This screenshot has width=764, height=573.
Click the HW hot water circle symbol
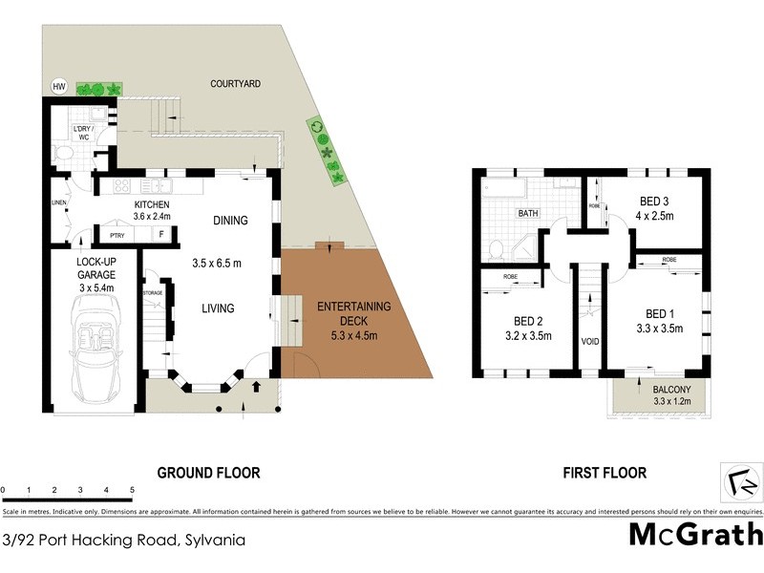[59, 88]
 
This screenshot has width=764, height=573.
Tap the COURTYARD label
[235, 84]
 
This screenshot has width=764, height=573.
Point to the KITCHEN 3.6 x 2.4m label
[151, 211]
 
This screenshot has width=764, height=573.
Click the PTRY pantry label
[118, 234]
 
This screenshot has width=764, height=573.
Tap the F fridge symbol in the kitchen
[161, 234]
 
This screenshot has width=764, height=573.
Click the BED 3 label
[654, 202]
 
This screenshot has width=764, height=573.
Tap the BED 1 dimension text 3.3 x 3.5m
[658, 329]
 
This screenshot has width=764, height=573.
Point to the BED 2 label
[527, 321]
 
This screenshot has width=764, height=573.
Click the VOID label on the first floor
[589, 340]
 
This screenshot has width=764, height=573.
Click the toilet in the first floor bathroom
[496, 250]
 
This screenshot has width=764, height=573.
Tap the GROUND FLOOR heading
[208, 473]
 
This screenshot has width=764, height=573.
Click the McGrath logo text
[695, 534]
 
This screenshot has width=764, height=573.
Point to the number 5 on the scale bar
[132, 490]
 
